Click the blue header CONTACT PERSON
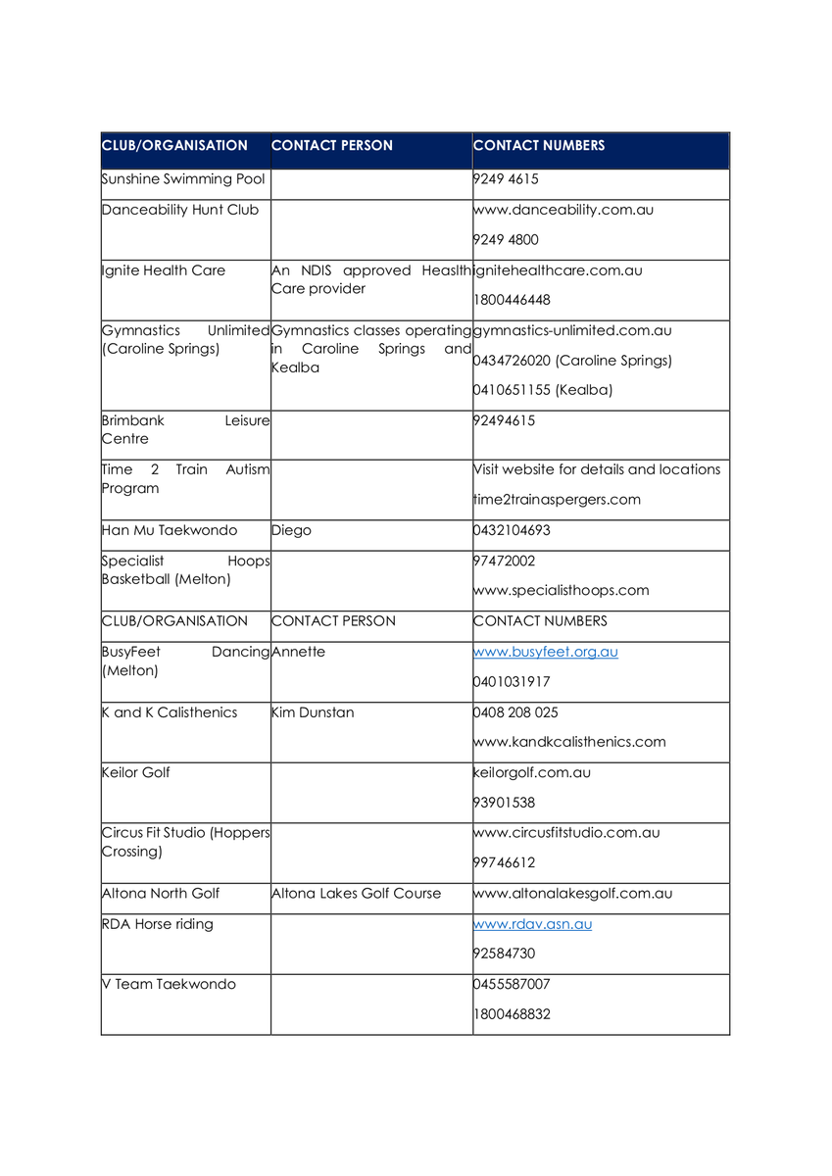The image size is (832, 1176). tap(332, 146)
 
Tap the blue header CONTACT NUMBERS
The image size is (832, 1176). tap(539, 146)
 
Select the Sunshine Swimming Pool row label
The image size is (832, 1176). tap(183, 179)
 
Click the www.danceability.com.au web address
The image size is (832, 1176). tap(563, 210)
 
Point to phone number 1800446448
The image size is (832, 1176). tap(512, 300)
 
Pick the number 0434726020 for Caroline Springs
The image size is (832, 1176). tap(572, 361)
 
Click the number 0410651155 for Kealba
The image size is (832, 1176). tap(543, 390)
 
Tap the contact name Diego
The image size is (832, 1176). tap(291, 530)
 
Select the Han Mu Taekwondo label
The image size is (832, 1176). tap(170, 530)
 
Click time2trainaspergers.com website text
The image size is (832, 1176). tap(557, 500)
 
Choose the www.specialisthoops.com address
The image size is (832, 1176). tap(562, 591)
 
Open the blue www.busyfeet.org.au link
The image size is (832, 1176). tap(546, 652)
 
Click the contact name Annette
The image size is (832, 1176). tap(298, 652)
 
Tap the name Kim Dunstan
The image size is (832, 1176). tap(313, 712)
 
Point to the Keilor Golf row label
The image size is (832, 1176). tap(136, 772)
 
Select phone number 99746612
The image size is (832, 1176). tap(505, 863)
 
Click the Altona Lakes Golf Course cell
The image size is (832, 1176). tap(356, 894)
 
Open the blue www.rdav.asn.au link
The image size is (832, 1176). tap(533, 924)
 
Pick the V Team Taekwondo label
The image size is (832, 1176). tap(169, 984)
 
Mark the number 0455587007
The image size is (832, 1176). tap(512, 984)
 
